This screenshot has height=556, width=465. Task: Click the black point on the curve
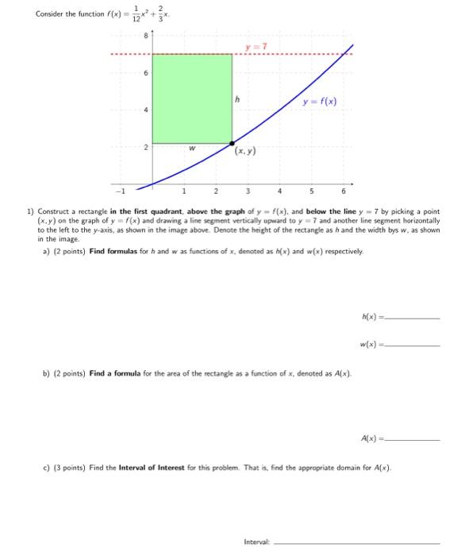coord(232,143)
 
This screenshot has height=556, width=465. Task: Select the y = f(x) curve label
coord(319,101)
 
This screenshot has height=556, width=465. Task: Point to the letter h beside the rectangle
coord(237,98)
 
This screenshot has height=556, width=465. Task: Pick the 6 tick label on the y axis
coord(144,72)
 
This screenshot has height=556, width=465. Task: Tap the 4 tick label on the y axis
coord(144,110)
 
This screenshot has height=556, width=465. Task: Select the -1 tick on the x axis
coord(121,191)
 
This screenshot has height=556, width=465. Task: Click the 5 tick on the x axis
coord(311,191)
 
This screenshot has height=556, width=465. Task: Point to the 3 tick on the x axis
coord(247,191)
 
